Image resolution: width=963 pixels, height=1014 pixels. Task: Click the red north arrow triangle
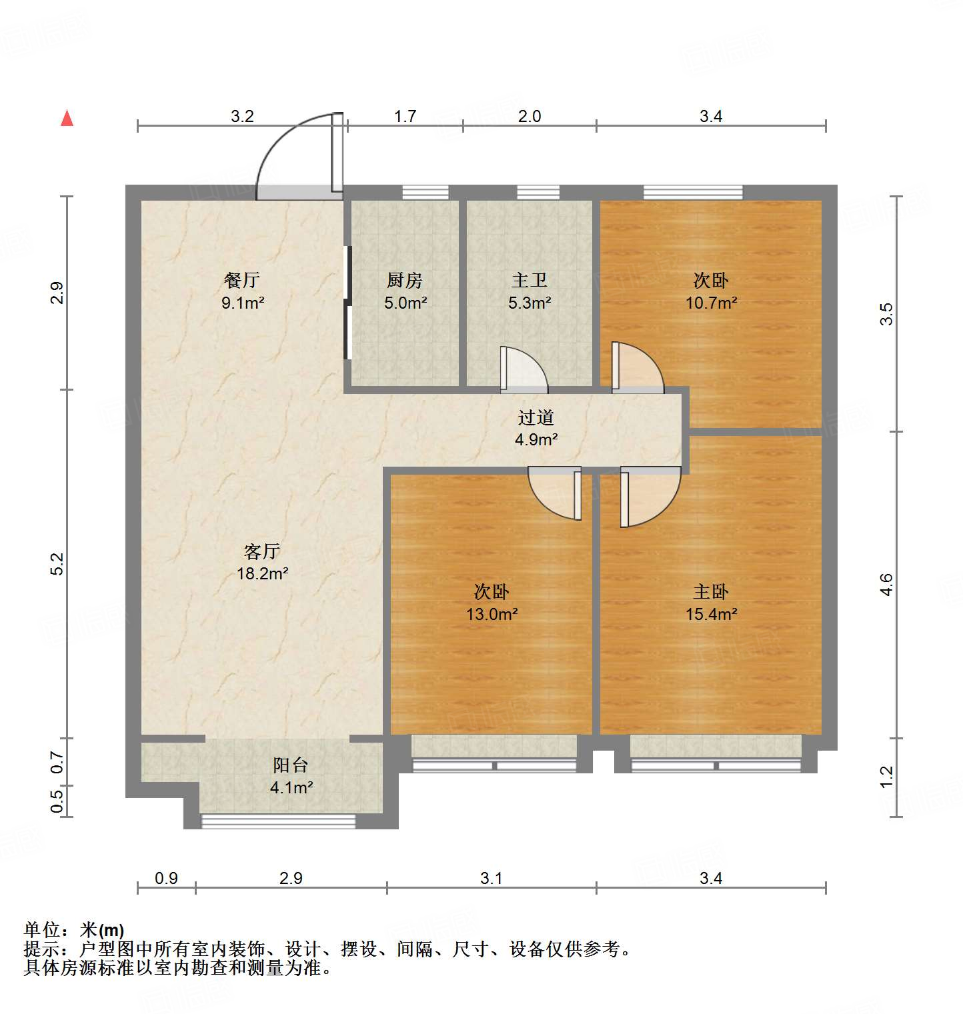67,119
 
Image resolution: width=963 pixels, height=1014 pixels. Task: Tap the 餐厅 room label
242,280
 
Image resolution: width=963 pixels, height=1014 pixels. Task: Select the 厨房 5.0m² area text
405,303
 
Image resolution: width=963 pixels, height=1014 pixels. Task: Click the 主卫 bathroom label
530,280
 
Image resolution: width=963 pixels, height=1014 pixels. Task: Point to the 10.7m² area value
711,303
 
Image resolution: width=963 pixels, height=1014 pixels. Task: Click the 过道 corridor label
536,417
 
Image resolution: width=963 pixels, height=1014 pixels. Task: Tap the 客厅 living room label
261,551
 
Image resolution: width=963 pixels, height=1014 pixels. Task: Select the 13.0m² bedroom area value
492,614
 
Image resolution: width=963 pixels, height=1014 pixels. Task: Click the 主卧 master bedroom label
711,591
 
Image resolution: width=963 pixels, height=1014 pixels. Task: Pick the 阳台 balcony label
290,765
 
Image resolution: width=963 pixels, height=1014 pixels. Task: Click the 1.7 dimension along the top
405,116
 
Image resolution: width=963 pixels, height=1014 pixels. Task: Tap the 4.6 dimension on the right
886,585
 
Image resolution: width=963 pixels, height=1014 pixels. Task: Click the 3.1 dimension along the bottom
491,878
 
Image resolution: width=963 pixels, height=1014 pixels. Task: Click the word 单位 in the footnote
41,929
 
